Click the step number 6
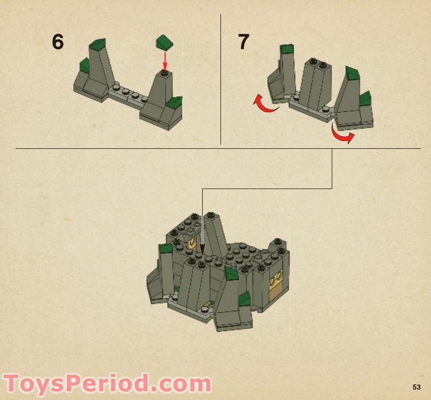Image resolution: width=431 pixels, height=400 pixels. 57,42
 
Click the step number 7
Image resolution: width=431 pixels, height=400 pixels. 243,42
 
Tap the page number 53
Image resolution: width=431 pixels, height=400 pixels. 417,387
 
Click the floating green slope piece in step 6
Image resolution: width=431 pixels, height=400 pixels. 165,42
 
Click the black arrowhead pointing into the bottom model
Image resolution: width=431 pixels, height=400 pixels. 202,251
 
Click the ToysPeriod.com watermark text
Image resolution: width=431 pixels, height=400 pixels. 107,383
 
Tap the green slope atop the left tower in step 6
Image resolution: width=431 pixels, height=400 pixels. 98,43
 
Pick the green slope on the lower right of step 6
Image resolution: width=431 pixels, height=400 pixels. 175,102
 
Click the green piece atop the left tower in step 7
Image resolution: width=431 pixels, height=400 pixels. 287,49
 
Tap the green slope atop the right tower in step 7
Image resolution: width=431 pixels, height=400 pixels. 353,73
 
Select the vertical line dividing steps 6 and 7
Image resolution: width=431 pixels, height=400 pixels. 220,79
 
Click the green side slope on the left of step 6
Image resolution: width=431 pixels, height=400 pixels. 85,66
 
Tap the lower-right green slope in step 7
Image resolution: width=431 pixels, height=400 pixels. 365,99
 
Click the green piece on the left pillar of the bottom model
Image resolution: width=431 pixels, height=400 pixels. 165,248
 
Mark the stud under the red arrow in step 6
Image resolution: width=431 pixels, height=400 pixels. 165,73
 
